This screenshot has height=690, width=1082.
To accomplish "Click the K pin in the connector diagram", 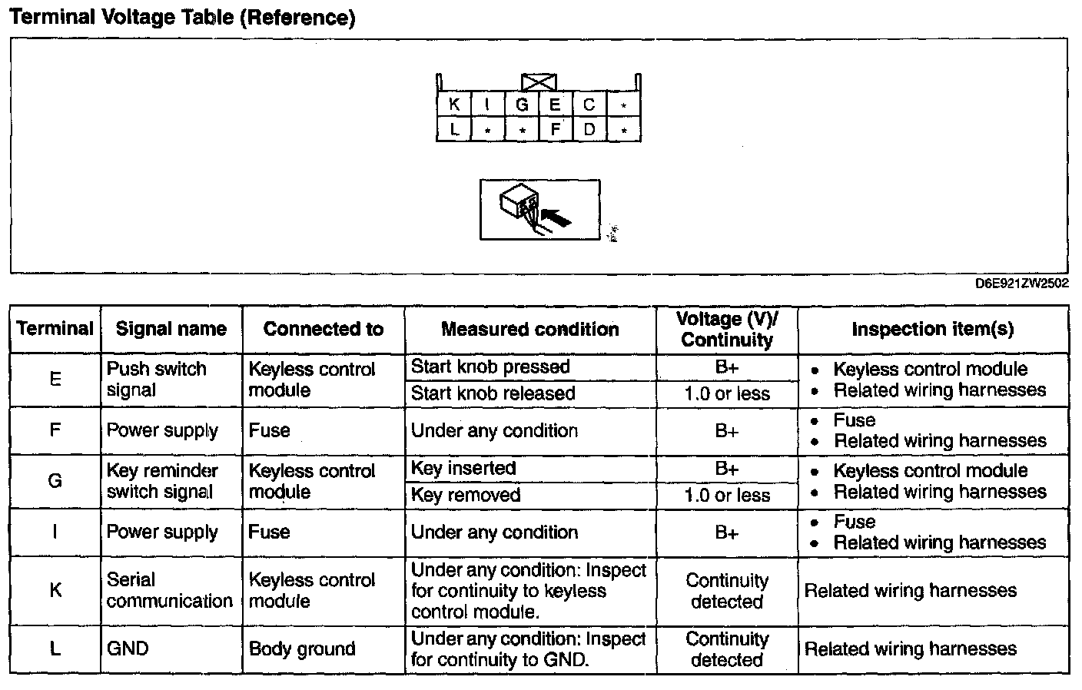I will coord(453,104).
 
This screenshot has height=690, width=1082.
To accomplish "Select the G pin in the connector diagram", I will coord(522,104).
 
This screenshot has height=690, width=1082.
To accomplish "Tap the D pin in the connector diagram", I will coord(589,129).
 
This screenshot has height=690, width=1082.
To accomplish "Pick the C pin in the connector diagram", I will coord(589,104).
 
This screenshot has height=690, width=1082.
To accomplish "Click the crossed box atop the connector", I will coord(539,82).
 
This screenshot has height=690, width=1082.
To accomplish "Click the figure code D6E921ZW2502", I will coord(1021,283).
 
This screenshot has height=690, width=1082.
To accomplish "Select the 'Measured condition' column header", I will coord(529,330).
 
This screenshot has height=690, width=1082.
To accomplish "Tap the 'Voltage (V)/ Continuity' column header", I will coord(726,330).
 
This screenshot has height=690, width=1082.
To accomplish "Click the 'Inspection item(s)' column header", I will coord(932,330).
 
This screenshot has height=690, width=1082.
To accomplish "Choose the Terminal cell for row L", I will coord(55,649).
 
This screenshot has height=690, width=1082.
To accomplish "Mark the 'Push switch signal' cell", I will coord(157,379).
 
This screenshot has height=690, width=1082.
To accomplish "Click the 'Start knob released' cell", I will coord(493,393).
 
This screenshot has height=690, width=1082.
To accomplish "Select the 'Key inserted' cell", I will coord(463,468).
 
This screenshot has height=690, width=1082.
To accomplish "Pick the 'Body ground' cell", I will coord(302,649).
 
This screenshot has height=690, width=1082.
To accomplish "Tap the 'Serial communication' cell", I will coord(169,590).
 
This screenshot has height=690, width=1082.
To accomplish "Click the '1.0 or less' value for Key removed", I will coord(726,496).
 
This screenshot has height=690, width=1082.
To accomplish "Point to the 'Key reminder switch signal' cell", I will coord(162,481).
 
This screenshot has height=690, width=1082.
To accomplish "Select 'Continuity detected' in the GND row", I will coord(726,649).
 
